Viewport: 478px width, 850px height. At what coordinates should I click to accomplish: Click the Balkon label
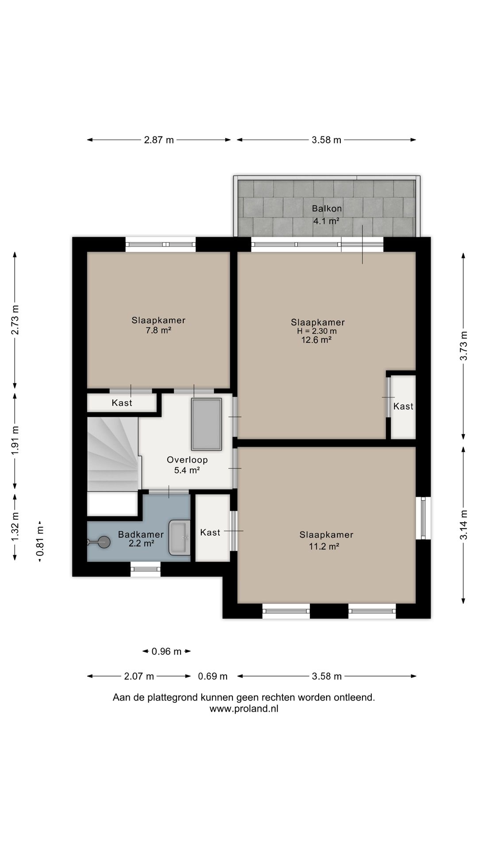click(x=327, y=209)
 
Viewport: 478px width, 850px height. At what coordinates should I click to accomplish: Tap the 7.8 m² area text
click(x=158, y=330)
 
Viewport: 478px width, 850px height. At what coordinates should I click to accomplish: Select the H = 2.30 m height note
click(x=317, y=331)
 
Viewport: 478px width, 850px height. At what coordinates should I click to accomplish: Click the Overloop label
click(x=187, y=460)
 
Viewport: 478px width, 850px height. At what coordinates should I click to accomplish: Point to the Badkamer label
click(x=141, y=534)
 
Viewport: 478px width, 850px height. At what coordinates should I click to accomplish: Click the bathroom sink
click(x=179, y=537)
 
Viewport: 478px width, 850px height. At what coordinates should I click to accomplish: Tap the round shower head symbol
click(x=104, y=542)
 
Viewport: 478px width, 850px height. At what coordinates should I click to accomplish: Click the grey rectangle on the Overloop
click(x=206, y=424)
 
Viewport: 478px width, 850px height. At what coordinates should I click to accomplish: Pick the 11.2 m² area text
click(x=324, y=546)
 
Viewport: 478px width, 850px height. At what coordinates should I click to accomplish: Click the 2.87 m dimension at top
click(x=159, y=140)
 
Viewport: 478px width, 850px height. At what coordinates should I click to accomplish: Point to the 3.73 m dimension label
click(x=463, y=346)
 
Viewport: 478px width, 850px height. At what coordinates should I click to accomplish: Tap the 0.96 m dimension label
click(x=166, y=651)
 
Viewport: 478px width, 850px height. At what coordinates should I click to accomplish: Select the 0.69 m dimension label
click(x=212, y=676)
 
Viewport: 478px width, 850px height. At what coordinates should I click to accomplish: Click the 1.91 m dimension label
click(x=15, y=440)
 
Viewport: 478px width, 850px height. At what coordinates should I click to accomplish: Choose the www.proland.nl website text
click(x=244, y=709)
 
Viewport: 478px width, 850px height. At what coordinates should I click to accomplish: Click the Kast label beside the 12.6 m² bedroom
click(x=403, y=406)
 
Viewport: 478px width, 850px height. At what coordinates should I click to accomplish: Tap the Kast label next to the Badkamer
click(x=210, y=532)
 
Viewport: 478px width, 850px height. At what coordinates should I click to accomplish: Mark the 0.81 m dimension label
click(x=40, y=541)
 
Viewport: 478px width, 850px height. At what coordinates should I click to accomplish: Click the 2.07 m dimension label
click(x=139, y=676)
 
